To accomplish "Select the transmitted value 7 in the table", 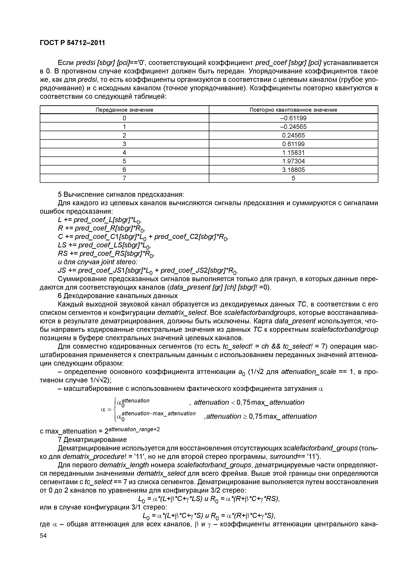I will [124, 178].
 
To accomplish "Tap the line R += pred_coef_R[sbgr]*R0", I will [101, 228].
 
